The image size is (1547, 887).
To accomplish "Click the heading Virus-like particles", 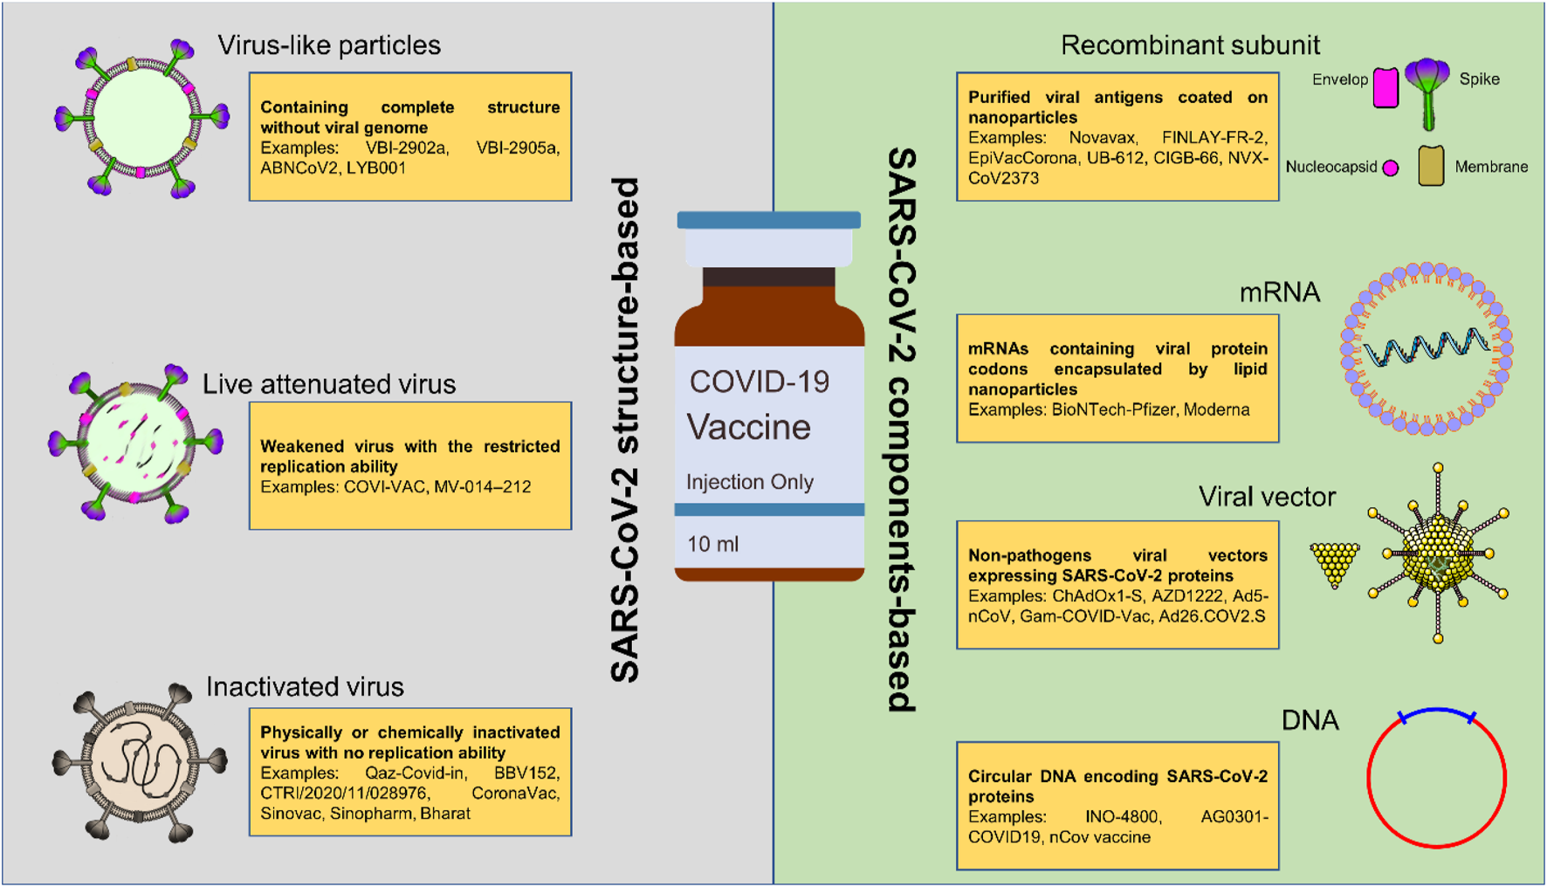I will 329,45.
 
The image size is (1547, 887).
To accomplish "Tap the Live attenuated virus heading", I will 329,384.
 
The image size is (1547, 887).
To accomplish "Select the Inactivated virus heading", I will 305,687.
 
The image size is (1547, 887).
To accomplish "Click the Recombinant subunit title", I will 1190,45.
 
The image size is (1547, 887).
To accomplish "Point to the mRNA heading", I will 1279,292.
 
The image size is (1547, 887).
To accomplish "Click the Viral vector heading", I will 1267,497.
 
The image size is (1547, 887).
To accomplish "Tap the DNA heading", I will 1310,720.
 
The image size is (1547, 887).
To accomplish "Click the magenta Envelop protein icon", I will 1385,88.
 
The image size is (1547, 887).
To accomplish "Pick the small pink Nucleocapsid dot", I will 1391,168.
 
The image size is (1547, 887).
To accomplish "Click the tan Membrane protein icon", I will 1431,167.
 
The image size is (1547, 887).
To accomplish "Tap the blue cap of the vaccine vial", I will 768,220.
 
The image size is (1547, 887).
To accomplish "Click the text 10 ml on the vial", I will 712,544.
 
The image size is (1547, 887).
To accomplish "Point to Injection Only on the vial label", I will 749,482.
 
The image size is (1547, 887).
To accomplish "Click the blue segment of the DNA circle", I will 1436,712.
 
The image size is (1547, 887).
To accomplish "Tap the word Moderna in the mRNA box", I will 1216,409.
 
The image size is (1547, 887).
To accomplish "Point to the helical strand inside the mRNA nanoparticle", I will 1427,347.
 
